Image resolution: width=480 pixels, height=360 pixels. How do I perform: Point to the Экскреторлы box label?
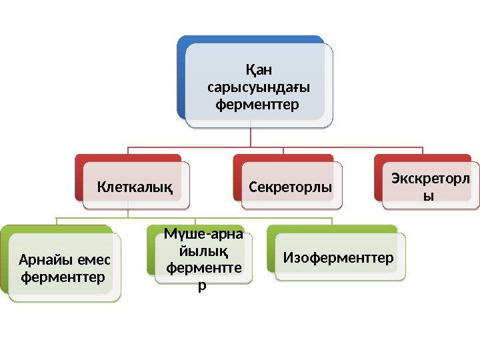(x=431, y=189)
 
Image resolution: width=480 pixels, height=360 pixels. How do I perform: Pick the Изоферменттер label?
(x=339, y=257)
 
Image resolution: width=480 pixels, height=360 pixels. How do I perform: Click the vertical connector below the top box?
(x=251, y=137)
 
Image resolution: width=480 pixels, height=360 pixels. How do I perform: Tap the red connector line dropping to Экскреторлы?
(x=423, y=151)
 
